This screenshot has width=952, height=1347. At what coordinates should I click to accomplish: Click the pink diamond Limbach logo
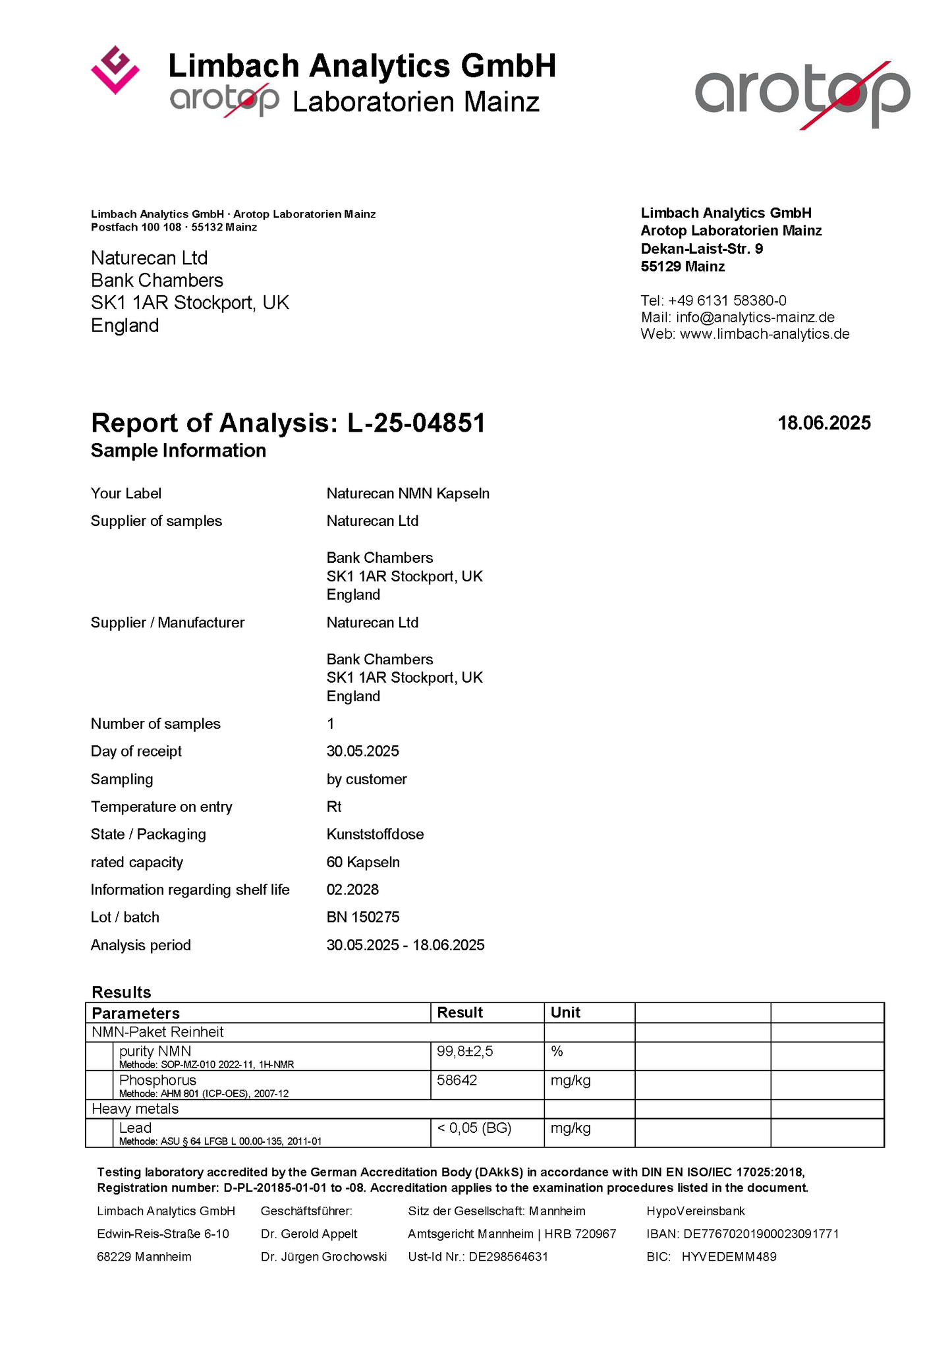(115, 70)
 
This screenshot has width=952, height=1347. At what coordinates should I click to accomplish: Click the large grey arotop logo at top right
(802, 94)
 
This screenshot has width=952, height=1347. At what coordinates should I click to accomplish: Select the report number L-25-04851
(416, 423)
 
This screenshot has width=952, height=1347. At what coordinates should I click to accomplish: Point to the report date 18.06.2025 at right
(824, 423)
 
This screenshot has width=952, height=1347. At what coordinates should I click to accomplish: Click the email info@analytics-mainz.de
(755, 317)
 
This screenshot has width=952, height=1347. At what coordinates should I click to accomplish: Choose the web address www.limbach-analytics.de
(764, 334)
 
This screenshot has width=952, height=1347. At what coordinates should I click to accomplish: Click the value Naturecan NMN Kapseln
(408, 494)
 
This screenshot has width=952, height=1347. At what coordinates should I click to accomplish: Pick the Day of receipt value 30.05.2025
(363, 751)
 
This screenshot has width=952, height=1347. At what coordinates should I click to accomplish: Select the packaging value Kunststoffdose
(375, 834)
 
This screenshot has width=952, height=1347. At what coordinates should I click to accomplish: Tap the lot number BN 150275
(363, 917)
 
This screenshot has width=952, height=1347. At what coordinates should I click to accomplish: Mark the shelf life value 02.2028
(352, 890)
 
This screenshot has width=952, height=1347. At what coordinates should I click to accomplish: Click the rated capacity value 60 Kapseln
(363, 862)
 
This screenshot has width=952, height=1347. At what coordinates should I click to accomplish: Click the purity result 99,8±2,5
(464, 1051)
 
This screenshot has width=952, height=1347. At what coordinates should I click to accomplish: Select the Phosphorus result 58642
(457, 1080)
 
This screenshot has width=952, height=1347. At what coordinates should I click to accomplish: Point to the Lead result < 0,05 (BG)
(474, 1128)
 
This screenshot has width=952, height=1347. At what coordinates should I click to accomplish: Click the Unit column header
(565, 1012)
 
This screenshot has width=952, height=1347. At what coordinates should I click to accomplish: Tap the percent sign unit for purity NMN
(557, 1051)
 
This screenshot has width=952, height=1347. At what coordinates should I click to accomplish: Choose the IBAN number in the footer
(761, 1234)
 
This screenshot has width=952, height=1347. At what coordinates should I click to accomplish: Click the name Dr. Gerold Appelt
(309, 1234)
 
